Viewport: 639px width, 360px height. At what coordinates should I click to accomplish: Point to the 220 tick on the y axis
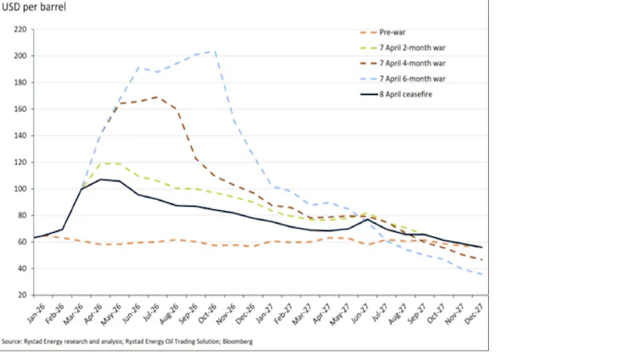(x=19, y=30)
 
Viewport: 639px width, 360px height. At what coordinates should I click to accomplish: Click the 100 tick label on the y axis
(x=19, y=189)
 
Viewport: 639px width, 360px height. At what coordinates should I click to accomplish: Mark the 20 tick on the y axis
(x=21, y=295)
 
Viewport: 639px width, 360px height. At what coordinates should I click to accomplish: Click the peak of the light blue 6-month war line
(x=214, y=51)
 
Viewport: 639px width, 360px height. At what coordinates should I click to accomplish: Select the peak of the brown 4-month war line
(x=155, y=97)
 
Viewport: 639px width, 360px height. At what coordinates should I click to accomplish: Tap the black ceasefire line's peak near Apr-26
(x=101, y=179)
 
